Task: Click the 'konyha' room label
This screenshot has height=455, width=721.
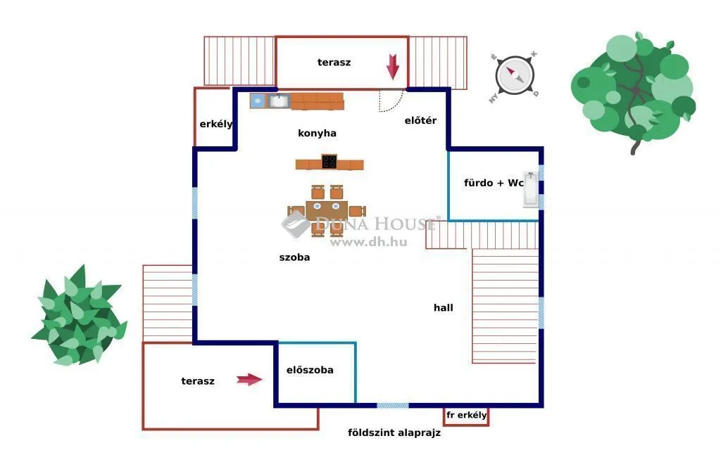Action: click(317, 133)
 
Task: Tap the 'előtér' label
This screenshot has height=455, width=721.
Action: click(420, 120)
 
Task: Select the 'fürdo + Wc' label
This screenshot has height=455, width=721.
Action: click(493, 183)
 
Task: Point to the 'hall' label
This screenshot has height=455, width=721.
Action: click(444, 307)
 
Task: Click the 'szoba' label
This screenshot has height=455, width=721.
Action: click(294, 257)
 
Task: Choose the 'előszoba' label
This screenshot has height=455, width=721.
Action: click(310, 370)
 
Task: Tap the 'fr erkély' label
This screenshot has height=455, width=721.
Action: click(466, 415)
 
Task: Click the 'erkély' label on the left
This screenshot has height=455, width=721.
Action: click(215, 124)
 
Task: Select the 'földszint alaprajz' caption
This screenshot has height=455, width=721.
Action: click(394, 432)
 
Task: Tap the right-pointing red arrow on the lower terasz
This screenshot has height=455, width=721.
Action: click(249, 380)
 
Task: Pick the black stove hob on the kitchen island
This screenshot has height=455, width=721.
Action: click(329, 162)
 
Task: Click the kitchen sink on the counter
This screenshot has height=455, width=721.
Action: click(279, 101)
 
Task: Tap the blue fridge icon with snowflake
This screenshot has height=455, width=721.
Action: click(258, 101)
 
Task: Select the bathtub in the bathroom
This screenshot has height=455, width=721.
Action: click(530, 189)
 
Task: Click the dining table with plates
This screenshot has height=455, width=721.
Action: click(326, 210)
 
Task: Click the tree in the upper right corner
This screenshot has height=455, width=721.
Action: click(634, 88)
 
